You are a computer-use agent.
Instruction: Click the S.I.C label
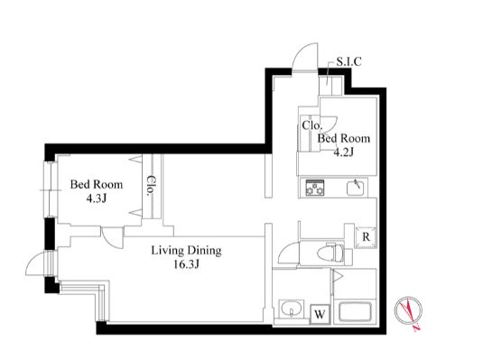click(348, 61)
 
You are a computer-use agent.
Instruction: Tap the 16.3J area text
click(186, 264)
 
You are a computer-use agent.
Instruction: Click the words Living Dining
click(186, 250)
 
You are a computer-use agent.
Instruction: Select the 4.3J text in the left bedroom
click(97, 198)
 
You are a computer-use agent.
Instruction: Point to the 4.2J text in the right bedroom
click(344, 152)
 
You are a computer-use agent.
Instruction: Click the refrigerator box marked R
click(366, 237)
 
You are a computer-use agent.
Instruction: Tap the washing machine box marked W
click(320, 314)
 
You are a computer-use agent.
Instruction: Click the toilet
click(331, 254)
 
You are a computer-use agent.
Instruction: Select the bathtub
click(355, 312)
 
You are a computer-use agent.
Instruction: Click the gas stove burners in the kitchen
click(315, 188)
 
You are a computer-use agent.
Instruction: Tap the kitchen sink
click(356, 188)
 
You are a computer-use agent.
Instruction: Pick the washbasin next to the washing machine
click(292, 309)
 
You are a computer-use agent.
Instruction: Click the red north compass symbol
click(409, 312)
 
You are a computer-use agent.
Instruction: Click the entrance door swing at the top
click(305, 57)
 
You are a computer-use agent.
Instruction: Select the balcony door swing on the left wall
click(40, 264)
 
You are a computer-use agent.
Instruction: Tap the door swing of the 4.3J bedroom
click(112, 237)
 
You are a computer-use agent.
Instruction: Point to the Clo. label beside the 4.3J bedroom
click(150, 186)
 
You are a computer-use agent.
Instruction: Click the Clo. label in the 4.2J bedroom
click(312, 125)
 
